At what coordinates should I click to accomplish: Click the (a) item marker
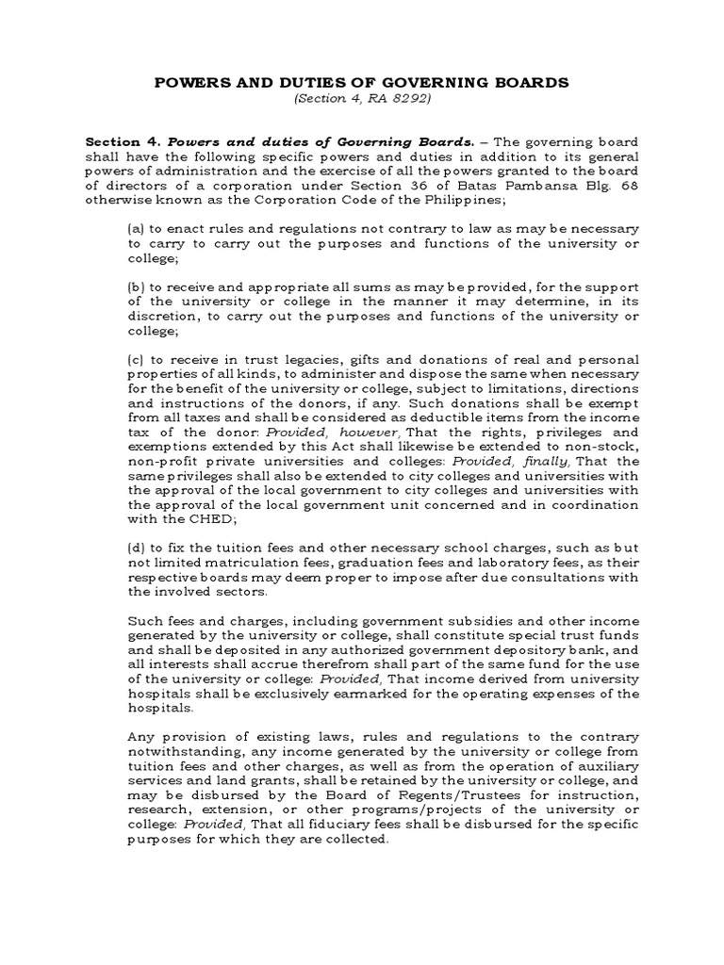pyautogui.click(x=135, y=229)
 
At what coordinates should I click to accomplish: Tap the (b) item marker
pyautogui.click(x=135, y=287)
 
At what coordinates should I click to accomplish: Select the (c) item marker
pyautogui.click(x=135, y=361)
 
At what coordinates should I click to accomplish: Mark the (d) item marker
pyautogui.click(x=135, y=549)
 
